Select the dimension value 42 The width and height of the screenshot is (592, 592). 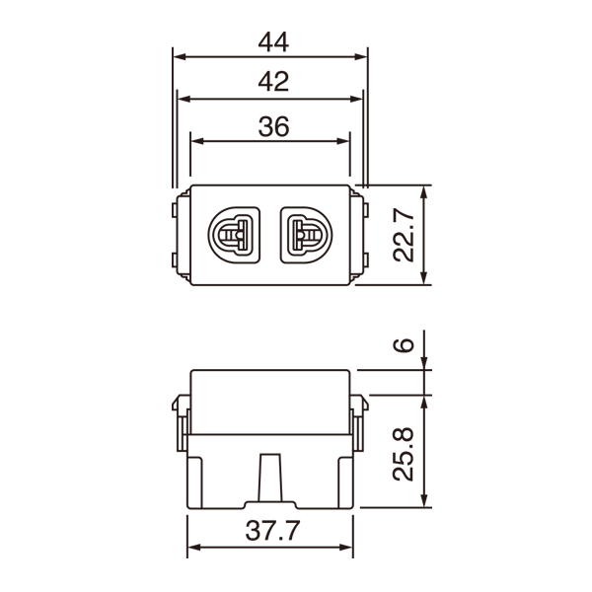point(270,84)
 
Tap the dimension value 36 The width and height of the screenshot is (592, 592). point(270,127)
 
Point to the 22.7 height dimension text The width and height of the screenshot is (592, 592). point(404,235)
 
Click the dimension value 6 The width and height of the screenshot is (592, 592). point(402,345)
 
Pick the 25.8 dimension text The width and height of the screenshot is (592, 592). point(404,453)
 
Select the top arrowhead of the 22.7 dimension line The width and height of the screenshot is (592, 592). point(425,191)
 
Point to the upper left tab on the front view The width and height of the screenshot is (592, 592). point(178,210)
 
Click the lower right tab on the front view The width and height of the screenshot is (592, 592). point(362,261)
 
